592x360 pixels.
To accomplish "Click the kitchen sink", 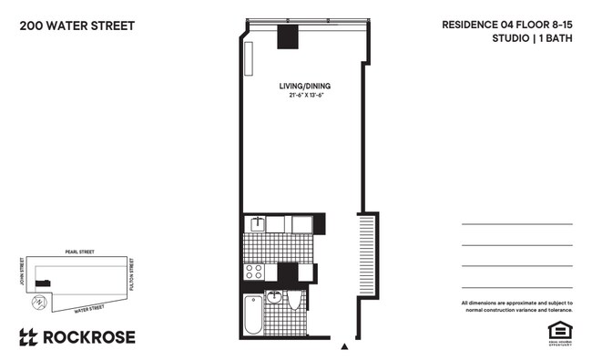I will pyautogui.click(x=259, y=222).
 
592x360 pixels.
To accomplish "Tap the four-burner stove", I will pyautogui.click(x=255, y=271).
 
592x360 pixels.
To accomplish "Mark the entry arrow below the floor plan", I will pyautogui.click(x=343, y=347).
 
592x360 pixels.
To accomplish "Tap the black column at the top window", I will pyautogui.click(x=289, y=37).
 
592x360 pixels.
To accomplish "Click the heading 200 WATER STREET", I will pyautogui.click(x=77, y=26).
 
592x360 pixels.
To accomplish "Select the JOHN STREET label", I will pyautogui.click(x=20, y=273).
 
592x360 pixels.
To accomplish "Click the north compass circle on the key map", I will pyautogui.click(x=38, y=303).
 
